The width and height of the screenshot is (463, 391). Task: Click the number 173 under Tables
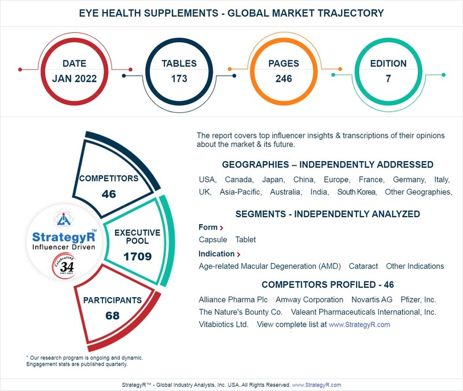point(179,79)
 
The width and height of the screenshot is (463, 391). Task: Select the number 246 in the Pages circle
point(284,79)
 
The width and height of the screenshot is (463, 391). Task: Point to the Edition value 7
point(388,79)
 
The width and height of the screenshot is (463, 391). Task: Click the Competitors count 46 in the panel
point(109,194)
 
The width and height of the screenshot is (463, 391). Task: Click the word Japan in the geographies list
point(272,180)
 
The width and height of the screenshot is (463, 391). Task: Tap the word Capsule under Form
point(212,239)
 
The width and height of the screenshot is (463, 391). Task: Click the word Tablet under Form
point(245,239)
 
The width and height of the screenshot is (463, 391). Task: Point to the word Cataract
point(363,266)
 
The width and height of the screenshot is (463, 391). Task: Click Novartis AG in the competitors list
point(372,299)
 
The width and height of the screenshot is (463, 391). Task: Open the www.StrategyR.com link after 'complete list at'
point(359,325)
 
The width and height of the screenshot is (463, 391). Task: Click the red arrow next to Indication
point(238,254)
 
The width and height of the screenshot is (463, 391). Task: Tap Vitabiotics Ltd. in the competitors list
point(223,324)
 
